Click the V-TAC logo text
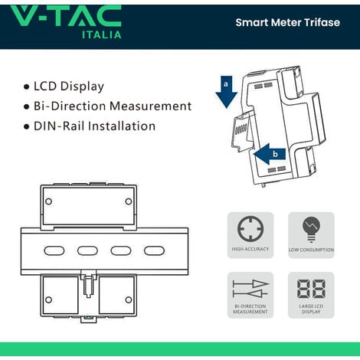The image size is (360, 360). [66, 16]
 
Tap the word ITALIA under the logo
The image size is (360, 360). [102, 35]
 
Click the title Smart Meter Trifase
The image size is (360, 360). [288, 22]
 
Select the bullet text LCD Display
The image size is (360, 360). [69, 87]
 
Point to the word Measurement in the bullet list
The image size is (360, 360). [151, 106]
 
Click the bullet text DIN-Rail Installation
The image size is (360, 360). [95, 126]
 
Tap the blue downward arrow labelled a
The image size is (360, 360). [226, 92]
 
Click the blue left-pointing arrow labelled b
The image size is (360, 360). [270, 154]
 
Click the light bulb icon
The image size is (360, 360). [311, 229]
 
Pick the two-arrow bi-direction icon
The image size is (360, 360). [250, 289]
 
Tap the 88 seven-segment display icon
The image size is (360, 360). [311, 289]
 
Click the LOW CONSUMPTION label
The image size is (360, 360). [311, 250]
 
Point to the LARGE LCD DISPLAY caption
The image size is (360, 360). [311, 309]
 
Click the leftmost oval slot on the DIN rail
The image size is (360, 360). [54, 250]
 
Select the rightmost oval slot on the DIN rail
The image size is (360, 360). [154, 250]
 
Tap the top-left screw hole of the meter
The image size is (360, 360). [48, 201]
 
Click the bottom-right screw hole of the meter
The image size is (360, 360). [129, 299]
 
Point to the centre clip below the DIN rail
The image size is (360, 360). [88, 283]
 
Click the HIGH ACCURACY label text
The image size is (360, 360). [250, 249]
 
